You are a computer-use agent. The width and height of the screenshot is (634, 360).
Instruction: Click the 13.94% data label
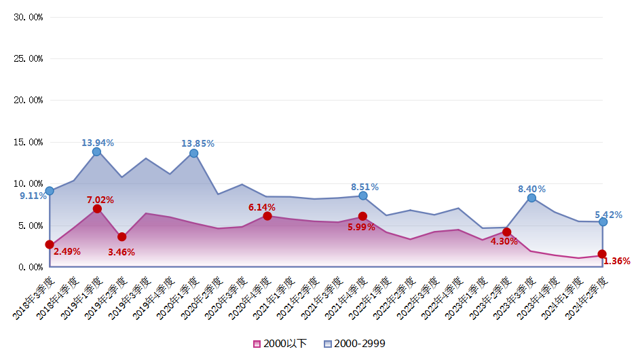point(98,143)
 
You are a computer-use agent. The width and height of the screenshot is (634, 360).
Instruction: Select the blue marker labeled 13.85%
point(193,154)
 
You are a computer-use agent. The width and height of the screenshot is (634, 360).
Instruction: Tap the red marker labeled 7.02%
point(97,209)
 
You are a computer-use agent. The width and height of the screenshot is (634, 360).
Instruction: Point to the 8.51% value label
point(365,187)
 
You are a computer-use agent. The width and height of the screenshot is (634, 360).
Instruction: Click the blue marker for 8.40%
point(532,198)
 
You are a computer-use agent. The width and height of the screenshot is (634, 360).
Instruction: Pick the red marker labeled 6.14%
point(267,216)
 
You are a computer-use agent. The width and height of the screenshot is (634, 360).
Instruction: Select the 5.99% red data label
point(361,227)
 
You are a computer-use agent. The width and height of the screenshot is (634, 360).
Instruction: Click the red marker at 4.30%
point(506,232)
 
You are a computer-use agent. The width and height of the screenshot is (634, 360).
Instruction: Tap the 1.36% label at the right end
point(616,261)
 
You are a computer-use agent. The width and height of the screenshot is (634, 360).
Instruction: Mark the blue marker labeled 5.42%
point(603,222)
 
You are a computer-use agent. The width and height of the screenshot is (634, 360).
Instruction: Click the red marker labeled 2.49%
point(50,245)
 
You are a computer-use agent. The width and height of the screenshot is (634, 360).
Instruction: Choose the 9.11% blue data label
point(33,196)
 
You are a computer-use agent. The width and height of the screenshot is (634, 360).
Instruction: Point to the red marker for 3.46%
point(122,236)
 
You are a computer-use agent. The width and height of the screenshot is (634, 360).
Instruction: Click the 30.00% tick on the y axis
point(29,17)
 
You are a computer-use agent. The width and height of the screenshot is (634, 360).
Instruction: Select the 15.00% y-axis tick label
point(29,142)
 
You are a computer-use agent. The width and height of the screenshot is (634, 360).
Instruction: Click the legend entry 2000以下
point(280,344)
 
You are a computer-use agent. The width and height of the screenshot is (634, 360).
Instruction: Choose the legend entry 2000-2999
point(355,344)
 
